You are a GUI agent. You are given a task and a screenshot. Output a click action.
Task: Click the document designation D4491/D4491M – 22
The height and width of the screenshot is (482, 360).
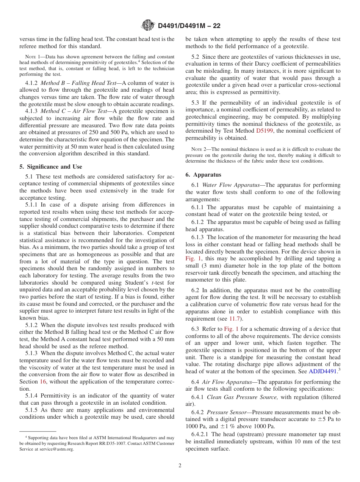[189, 26]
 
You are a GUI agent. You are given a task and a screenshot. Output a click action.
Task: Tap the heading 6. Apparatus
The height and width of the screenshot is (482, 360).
[203, 175]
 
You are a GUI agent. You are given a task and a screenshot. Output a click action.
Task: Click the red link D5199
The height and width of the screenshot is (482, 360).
[265, 131]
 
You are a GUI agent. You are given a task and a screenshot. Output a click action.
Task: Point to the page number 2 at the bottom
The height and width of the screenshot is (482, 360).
[180, 466]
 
